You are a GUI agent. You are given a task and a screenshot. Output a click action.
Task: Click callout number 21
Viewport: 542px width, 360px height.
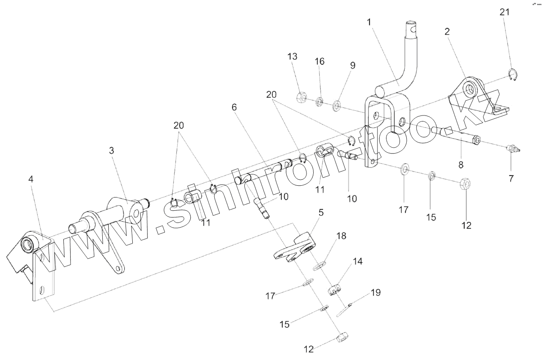tap(504, 12)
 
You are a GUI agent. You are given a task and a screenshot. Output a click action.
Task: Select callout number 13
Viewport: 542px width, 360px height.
tap(293, 57)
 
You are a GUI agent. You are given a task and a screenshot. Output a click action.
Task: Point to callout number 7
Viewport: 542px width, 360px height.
tap(511, 179)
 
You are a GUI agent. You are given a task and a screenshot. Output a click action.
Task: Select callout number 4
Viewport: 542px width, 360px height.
tap(30, 179)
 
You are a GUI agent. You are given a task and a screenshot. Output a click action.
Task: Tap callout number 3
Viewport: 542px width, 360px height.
tap(111, 151)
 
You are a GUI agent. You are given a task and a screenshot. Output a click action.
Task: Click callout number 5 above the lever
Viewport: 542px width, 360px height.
tap(321, 214)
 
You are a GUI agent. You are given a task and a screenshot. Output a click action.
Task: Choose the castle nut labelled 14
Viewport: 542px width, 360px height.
tap(335, 291)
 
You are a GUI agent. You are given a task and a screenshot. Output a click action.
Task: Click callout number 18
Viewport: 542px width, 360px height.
tap(341, 236)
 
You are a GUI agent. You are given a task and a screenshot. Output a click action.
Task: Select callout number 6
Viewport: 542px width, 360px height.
tap(234, 107)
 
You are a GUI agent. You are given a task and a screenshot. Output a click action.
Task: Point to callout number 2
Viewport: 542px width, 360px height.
tap(447, 32)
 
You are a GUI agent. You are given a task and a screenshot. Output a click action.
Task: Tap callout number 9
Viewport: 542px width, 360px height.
tap(353, 66)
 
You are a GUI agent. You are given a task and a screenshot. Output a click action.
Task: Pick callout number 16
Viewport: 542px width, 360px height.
tap(320, 62)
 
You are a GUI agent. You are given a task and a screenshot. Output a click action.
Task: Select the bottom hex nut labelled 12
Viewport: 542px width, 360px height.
tap(341, 338)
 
